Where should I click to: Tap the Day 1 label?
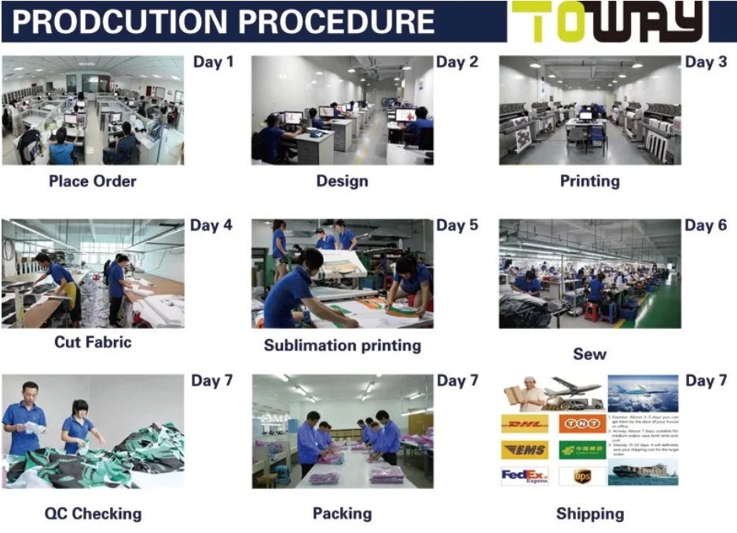[x=213, y=61]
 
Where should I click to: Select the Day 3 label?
[x=706, y=61]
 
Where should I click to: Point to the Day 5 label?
[x=456, y=226]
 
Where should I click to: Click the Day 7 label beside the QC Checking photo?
[x=212, y=380]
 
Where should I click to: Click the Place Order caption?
[x=93, y=181]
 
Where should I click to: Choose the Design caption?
[x=342, y=181]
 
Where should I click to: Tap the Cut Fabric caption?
[x=93, y=342]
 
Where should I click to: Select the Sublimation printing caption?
[x=342, y=345]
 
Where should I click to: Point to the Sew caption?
[x=589, y=354]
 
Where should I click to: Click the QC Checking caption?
[x=93, y=514]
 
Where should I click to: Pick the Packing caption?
[x=342, y=514]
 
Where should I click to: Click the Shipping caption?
[x=589, y=514]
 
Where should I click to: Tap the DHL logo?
[x=525, y=425]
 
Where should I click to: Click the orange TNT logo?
[x=582, y=425]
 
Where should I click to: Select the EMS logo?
[x=525, y=450]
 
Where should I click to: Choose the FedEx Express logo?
[x=525, y=476]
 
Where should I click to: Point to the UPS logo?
[x=582, y=476]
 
